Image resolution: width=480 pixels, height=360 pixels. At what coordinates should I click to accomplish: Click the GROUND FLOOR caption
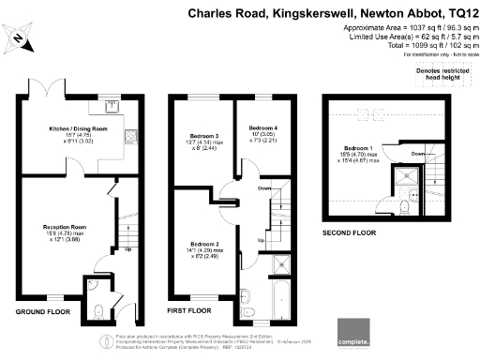(43, 309)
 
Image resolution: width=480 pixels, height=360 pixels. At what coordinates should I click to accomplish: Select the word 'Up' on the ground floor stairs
(127, 248)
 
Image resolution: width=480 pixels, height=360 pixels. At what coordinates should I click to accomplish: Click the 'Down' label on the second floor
(418, 154)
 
